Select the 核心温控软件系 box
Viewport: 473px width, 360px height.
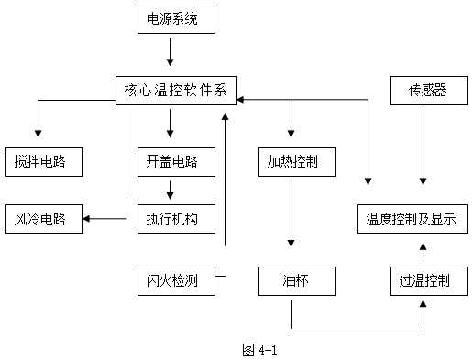177,88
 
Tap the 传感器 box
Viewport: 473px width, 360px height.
420,89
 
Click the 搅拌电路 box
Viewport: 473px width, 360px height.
43,161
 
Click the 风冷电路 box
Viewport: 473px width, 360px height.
43,219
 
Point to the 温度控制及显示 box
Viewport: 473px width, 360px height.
412,219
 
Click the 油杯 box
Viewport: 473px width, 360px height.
291,279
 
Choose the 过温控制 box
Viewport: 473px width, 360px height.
421,279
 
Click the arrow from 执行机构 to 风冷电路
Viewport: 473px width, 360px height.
104,218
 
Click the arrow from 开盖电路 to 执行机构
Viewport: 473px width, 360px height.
170,190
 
